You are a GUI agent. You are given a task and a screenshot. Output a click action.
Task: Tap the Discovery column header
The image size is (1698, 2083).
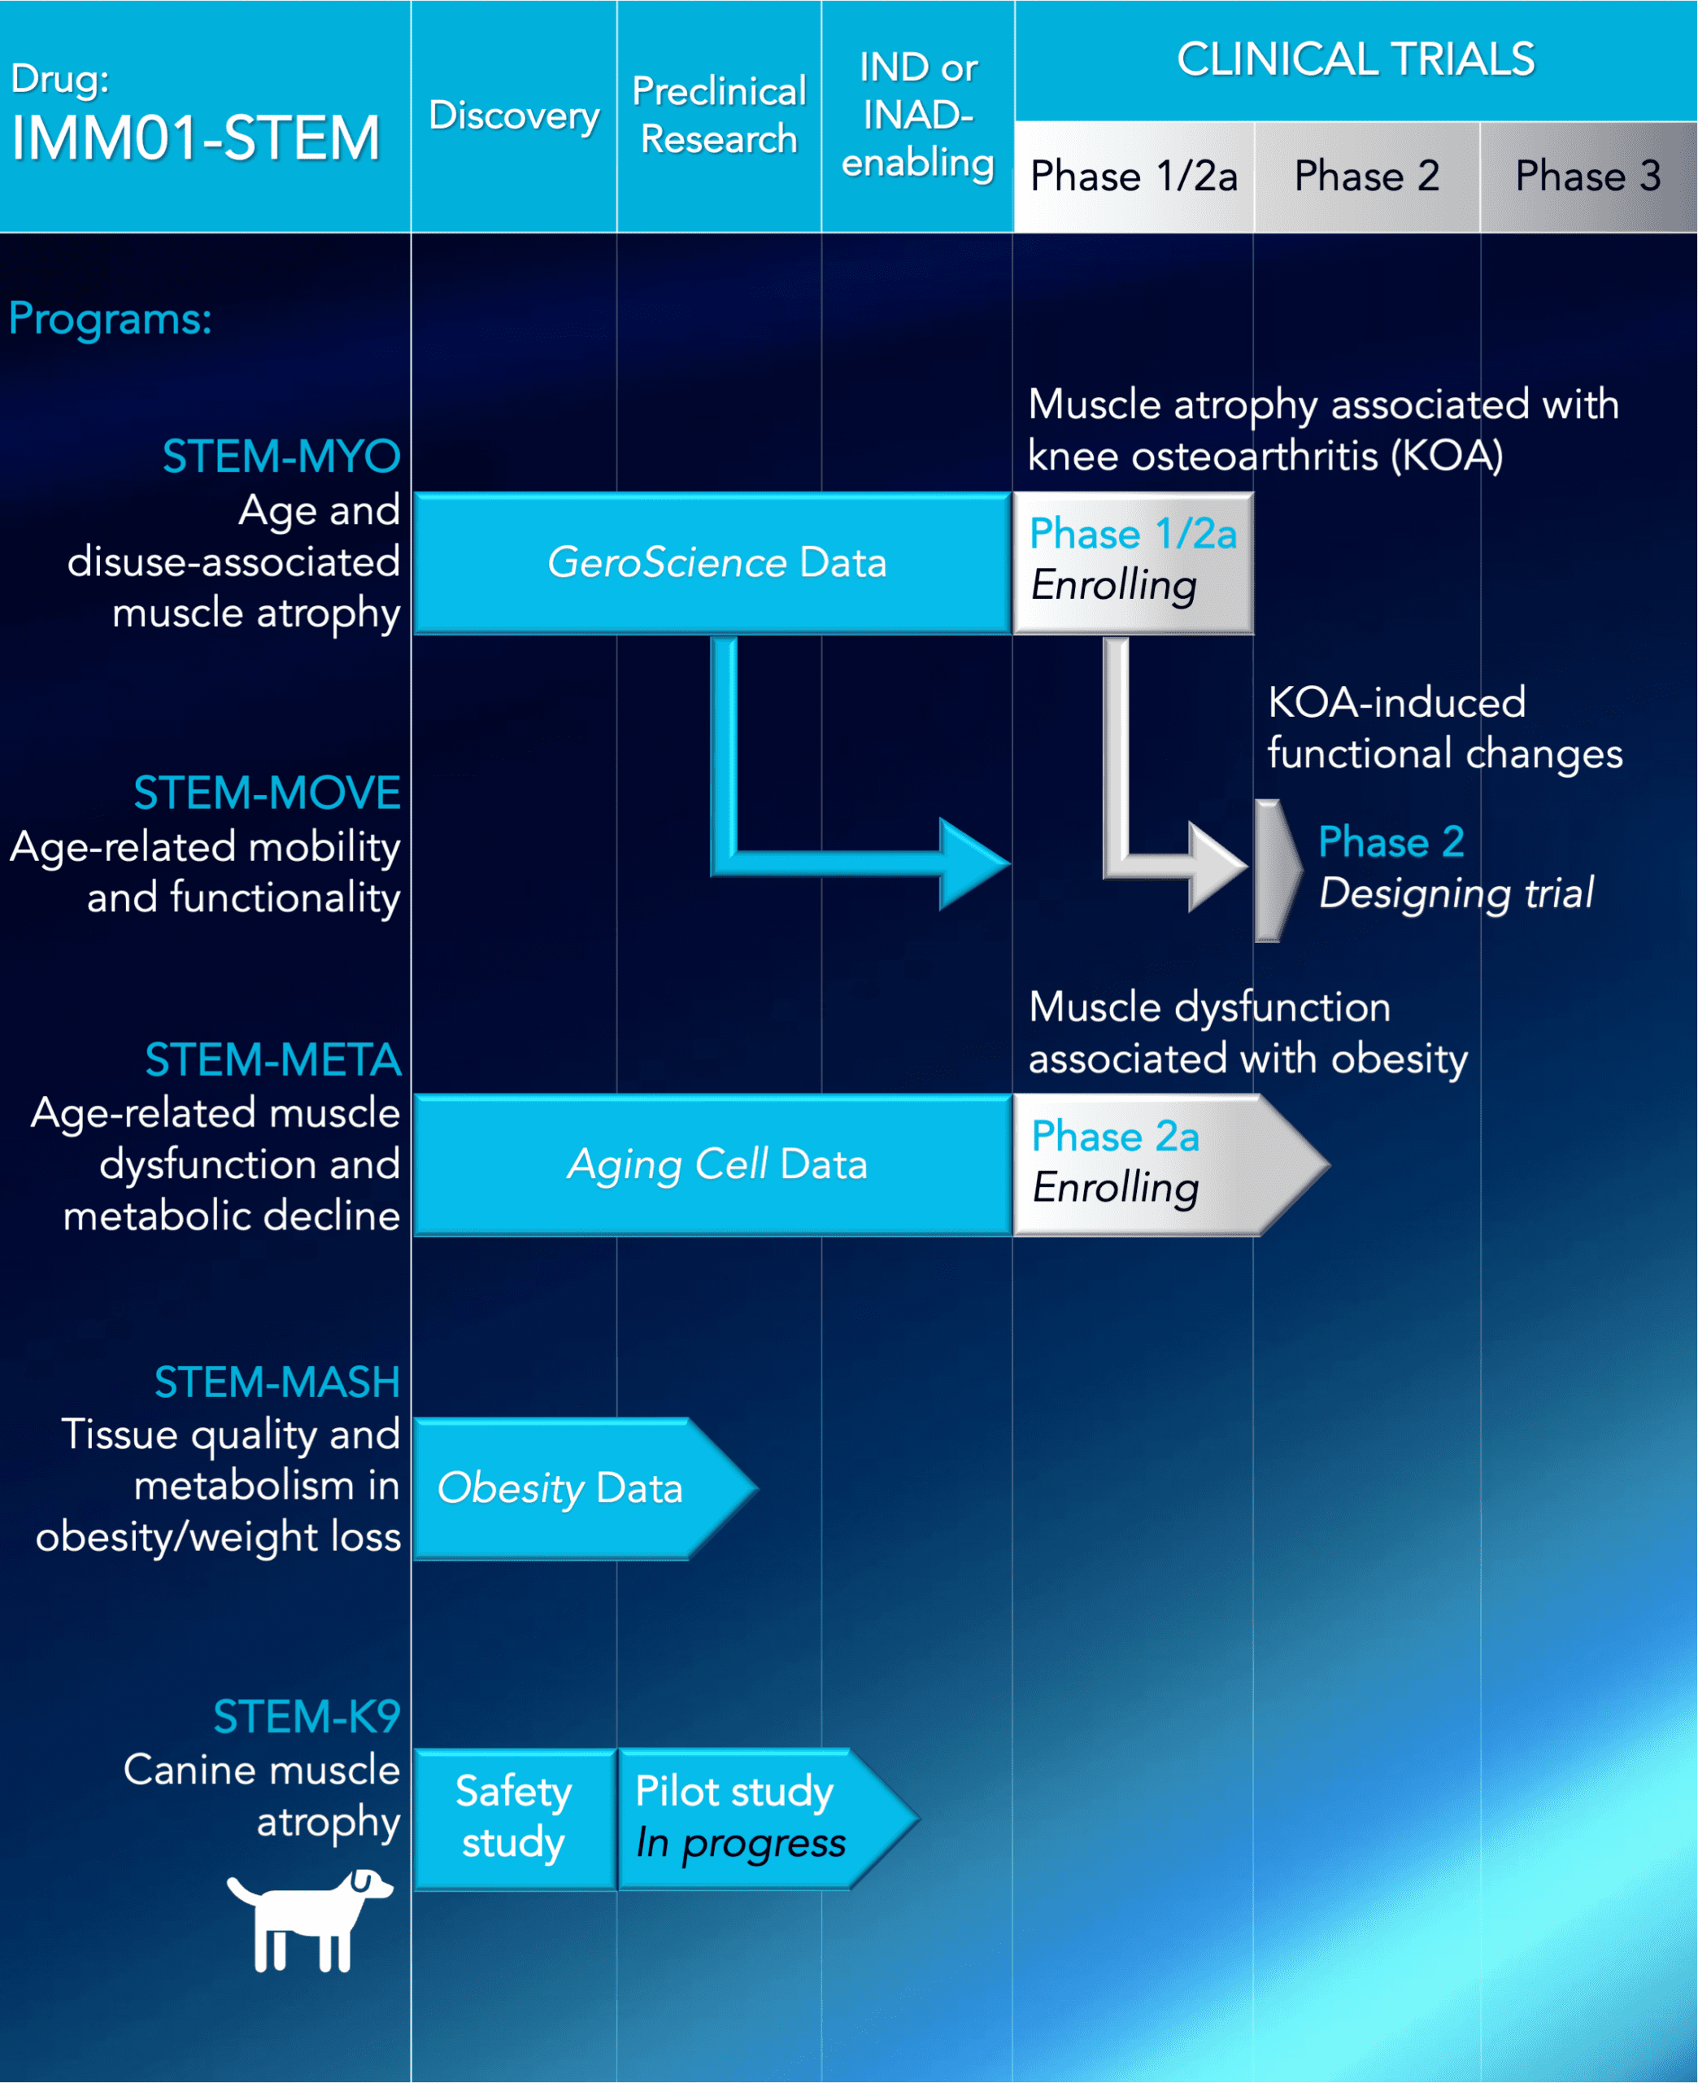pos(513,116)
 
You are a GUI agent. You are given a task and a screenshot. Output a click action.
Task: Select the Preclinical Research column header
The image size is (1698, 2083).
pos(719,116)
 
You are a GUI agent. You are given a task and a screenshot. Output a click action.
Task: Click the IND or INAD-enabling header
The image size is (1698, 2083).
pos(917,116)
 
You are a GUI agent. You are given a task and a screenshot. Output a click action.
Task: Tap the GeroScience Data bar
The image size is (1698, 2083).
pos(714,562)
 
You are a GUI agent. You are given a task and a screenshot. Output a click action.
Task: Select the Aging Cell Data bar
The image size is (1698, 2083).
pos(714,1164)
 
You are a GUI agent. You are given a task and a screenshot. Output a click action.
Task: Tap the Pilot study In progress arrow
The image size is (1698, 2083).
pos(748,1818)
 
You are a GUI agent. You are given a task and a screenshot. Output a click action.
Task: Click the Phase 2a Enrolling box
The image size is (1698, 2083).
pos(1144,1164)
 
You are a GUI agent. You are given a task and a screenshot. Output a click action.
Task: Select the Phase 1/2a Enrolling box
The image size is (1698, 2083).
pos(1133,561)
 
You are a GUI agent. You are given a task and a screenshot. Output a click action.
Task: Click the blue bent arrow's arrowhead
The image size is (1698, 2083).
pos(971,864)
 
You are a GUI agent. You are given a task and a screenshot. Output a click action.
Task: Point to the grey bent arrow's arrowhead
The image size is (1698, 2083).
pos(1216,867)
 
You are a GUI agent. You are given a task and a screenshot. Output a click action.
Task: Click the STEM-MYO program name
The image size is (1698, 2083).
pos(281,457)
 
